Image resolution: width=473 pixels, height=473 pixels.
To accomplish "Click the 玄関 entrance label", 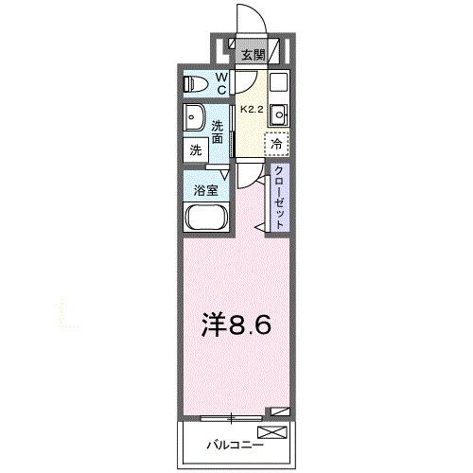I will click(x=252, y=56).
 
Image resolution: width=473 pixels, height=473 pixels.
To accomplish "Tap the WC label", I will click(x=219, y=83).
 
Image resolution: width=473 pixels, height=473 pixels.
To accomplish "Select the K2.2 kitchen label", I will click(x=251, y=110).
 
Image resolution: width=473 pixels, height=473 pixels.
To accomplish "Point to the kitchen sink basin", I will click(x=276, y=115).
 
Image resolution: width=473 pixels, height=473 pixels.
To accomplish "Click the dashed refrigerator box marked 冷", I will click(x=276, y=145).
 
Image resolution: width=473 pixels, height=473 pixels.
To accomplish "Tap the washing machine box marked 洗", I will click(x=196, y=149).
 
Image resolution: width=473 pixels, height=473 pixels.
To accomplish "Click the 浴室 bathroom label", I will click(x=205, y=189).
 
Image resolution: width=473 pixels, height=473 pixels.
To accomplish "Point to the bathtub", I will click(x=205, y=219).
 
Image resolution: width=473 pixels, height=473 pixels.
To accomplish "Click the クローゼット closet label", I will click(x=281, y=197).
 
